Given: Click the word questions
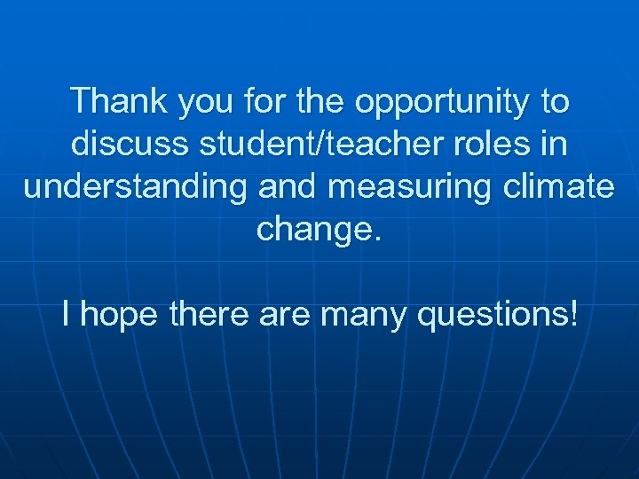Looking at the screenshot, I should point(492,315).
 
